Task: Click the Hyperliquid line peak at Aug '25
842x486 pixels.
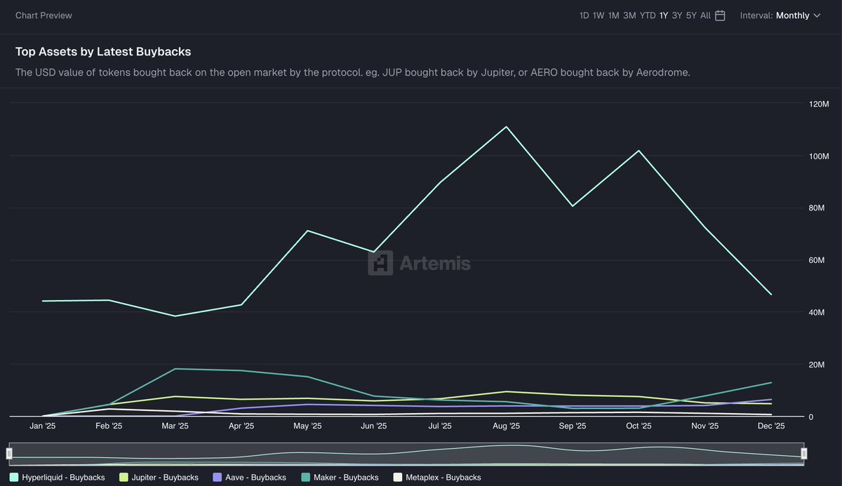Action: pyautogui.click(x=506, y=127)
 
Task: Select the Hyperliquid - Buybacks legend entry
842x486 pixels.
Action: pyautogui.click(x=58, y=478)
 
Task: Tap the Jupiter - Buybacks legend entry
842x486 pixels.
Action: pyautogui.click(x=159, y=478)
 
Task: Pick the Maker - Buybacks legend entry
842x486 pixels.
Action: pyautogui.click(x=341, y=478)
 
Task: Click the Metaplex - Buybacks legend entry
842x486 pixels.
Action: pyautogui.click(x=437, y=478)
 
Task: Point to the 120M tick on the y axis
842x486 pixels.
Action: pyautogui.click(x=819, y=104)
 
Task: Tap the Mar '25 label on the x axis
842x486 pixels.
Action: pyautogui.click(x=175, y=426)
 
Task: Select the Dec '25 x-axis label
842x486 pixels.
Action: pyautogui.click(x=771, y=426)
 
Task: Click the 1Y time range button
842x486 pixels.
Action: pyautogui.click(x=663, y=15)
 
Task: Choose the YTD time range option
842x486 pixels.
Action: pyautogui.click(x=647, y=15)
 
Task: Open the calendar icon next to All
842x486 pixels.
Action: pyautogui.click(x=720, y=15)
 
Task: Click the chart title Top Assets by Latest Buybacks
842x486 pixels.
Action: pyautogui.click(x=103, y=52)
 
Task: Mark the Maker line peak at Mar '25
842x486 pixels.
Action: pyautogui.click(x=175, y=369)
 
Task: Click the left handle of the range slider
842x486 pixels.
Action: pyautogui.click(x=10, y=454)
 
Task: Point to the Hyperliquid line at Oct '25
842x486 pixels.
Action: pyautogui.click(x=639, y=151)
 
